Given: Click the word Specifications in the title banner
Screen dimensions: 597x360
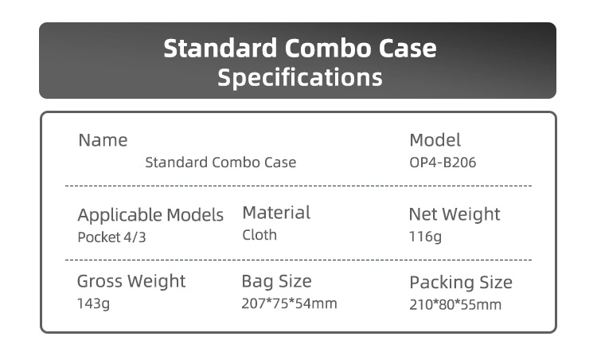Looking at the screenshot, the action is coord(299,78).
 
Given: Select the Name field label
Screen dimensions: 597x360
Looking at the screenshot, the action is coord(103,140).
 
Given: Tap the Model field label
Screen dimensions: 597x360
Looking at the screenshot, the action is coord(435,140).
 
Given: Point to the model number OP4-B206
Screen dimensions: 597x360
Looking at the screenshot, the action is coord(443,162).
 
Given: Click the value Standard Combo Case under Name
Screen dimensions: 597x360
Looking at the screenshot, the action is coord(220,162).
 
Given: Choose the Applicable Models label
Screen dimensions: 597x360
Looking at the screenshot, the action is coord(150,215).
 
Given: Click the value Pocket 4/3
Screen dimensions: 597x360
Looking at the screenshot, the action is coord(111,237).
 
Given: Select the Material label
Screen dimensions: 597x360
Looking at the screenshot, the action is coord(276,213).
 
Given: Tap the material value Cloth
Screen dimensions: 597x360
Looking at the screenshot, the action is coord(259,235).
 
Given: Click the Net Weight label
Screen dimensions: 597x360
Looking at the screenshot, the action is coord(455,214).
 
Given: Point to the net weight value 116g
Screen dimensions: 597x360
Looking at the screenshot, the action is coord(425,237).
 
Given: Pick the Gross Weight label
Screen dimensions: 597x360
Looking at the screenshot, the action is coord(131,281).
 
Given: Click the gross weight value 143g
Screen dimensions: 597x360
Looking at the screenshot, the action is coord(93,303).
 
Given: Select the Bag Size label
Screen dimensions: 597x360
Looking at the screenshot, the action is coord(276,281).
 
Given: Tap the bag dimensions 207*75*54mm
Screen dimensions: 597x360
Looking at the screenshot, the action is coord(290,303).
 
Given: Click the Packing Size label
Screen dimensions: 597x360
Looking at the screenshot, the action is coord(461,283).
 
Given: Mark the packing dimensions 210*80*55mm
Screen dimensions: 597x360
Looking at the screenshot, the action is coord(455,305).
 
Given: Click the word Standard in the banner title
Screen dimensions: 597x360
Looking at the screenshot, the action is coord(220,49).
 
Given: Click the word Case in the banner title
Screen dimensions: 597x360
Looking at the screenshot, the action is coord(408,49).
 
